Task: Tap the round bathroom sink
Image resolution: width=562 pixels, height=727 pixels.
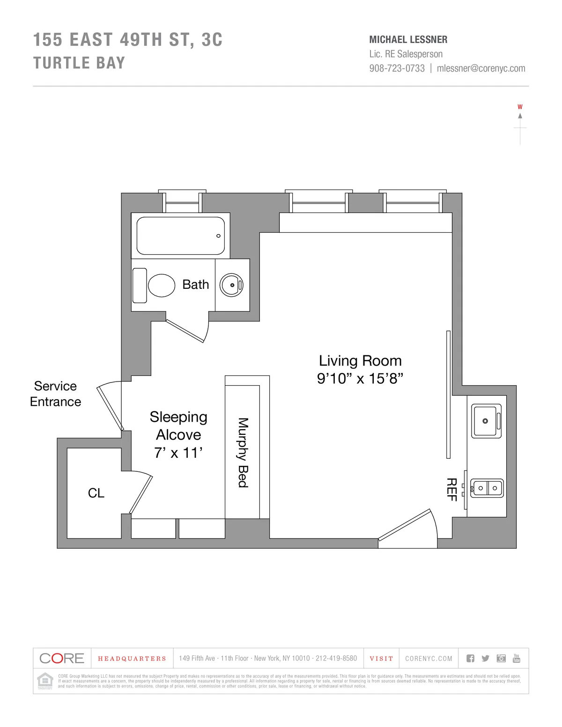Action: coord(232,285)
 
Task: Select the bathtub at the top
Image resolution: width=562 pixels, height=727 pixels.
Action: coord(180,235)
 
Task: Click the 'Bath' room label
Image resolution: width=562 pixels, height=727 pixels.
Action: coord(195,285)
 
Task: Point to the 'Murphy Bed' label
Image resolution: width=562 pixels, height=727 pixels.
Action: coord(243,453)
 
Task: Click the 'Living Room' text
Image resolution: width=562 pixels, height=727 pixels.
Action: coord(360,361)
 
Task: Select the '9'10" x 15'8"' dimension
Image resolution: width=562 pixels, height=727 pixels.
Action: coord(360,379)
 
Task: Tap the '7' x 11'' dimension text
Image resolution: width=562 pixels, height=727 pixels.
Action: coord(178,453)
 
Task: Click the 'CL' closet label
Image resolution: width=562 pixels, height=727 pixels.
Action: coord(96,493)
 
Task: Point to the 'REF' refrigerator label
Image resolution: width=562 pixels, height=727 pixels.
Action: coord(451,490)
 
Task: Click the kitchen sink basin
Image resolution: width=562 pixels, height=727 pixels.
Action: coord(486,421)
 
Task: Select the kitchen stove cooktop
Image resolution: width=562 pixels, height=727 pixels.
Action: coord(487,488)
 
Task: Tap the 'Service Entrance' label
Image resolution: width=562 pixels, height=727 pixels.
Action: coord(55,394)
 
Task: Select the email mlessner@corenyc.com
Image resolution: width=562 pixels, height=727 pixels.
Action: coord(481,68)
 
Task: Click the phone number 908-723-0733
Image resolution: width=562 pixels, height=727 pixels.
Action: coord(397,68)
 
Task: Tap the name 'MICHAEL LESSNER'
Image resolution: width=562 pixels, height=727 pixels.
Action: coord(408,40)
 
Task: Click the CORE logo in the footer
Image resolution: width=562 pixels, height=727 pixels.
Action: coord(62,658)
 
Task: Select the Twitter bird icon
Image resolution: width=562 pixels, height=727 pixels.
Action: coord(485,658)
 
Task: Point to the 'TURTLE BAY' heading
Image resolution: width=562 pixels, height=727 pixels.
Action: coord(79,63)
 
